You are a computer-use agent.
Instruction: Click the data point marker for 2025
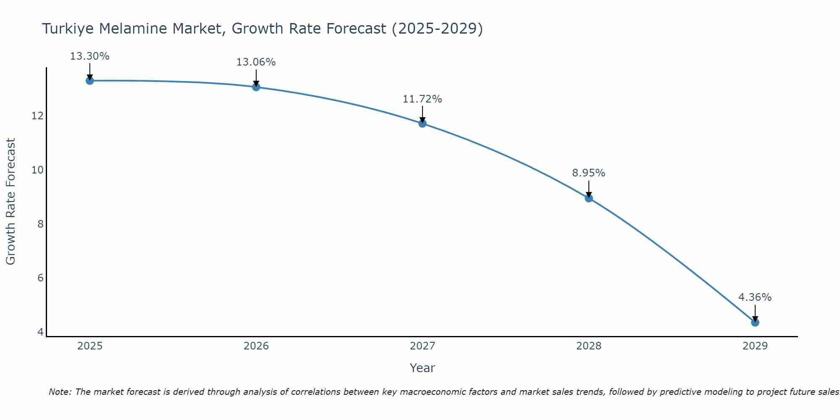pos(89,81)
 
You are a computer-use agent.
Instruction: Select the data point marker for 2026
pos(256,87)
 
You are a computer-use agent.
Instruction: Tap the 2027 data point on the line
pos(423,123)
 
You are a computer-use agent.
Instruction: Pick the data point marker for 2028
pos(589,198)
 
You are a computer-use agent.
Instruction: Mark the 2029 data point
pos(755,323)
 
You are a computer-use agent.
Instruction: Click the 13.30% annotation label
pos(89,56)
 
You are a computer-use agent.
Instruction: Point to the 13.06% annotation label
pos(256,62)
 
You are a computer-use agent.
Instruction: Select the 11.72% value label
pos(422,99)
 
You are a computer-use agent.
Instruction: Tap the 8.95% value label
pos(588,173)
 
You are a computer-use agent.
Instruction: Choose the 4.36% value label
pos(755,297)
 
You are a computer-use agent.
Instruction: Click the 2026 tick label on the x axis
pos(256,346)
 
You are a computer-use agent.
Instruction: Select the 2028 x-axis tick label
pos(589,346)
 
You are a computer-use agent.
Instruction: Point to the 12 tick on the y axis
pos(37,116)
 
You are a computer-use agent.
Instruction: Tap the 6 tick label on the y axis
pos(40,278)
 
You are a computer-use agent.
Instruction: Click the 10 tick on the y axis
pos(37,170)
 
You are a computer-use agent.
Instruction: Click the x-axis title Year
pos(422,368)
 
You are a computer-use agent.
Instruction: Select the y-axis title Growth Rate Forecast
pos(10,202)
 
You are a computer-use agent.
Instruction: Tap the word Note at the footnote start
pos(60,392)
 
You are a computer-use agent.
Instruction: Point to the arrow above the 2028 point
pos(589,189)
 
